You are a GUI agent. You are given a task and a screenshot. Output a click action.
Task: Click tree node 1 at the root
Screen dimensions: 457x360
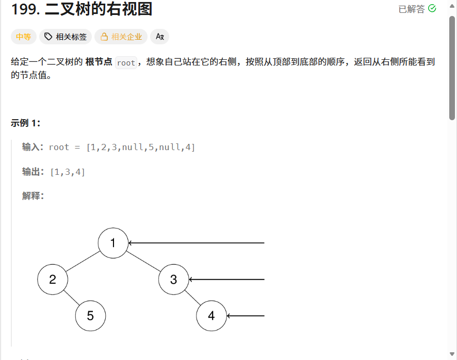(x=113, y=243)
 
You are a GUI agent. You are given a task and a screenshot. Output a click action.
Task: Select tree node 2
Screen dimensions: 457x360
(x=53, y=280)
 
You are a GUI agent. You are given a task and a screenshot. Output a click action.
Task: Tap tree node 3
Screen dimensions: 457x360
(x=173, y=280)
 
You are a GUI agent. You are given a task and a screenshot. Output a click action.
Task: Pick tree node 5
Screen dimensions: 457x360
(x=90, y=316)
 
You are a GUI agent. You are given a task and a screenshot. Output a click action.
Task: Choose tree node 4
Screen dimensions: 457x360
(x=211, y=316)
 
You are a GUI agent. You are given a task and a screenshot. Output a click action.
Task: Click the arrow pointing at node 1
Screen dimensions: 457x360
(x=196, y=243)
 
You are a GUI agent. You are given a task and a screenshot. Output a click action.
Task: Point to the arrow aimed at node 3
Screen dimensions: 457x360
(x=226, y=280)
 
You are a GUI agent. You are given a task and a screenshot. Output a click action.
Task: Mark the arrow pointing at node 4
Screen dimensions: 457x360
(x=246, y=316)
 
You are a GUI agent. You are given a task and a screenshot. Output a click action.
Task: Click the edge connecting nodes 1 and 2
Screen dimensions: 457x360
(x=83, y=261)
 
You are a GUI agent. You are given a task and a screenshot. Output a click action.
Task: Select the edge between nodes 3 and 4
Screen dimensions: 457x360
(x=192, y=298)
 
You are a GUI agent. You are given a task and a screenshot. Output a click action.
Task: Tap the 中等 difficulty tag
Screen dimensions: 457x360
(x=23, y=37)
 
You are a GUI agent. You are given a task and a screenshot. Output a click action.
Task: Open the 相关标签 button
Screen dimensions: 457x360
(x=66, y=37)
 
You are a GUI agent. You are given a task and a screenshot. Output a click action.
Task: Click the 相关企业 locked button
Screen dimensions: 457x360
(x=121, y=37)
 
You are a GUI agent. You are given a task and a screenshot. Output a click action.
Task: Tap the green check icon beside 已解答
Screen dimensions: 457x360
(x=432, y=9)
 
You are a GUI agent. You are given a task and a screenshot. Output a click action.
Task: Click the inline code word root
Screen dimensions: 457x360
(x=126, y=63)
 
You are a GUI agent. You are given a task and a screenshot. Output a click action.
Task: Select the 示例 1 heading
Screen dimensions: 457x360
(x=25, y=123)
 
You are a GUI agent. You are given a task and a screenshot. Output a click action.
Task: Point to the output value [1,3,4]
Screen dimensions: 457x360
(x=68, y=172)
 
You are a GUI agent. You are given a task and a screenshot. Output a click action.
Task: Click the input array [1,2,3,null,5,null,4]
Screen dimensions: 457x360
(x=141, y=148)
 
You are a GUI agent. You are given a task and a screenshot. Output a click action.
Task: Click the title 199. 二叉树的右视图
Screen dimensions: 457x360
(x=81, y=9)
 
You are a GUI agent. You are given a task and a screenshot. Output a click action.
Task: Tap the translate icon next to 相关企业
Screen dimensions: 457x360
(x=159, y=37)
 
